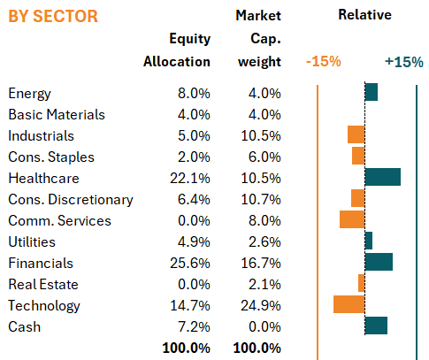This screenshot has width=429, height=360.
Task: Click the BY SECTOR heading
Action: pos(53,16)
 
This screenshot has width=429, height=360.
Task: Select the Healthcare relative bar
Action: pos(383,177)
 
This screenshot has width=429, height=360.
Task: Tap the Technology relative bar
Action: pos(349,304)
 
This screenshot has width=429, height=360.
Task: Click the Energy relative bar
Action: pos(372,92)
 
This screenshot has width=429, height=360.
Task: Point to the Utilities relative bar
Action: pos(369,241)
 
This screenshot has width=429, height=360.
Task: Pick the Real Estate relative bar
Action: pos(362,283)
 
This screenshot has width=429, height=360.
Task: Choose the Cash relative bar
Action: pos(376,326)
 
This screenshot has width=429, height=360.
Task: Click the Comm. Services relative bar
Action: pos(352,219)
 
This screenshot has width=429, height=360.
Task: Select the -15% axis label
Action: pos(324,62)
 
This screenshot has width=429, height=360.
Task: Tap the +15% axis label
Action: pos(404,62)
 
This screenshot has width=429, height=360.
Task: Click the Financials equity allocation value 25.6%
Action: pos(190,263)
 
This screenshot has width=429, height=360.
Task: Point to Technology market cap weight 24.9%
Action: pos(261,305)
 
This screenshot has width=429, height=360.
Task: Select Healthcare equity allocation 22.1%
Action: pos(190,178)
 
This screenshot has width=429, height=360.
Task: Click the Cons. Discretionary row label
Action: pos(71,200)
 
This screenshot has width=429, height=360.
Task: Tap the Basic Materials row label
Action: pos(57,114)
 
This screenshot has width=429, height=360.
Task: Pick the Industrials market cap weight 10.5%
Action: pos(261,135)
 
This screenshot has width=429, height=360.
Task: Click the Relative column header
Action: pos(365,14)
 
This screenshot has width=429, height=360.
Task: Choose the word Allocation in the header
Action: pos(177,62)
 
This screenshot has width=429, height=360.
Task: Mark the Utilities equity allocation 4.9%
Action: pos(194,241)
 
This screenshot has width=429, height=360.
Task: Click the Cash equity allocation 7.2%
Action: pos(194,326)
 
